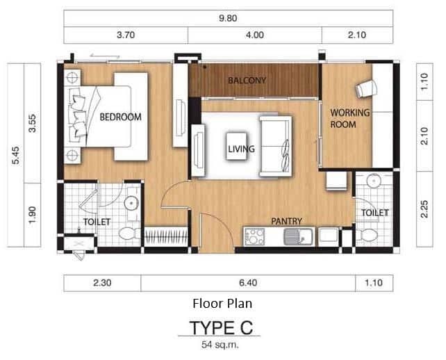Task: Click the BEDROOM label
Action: click(120, 117)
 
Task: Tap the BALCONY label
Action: click(247, 81)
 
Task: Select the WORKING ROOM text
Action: click(349, 118)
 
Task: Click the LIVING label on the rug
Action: click(241, 149)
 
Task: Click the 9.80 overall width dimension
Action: click(229, 19)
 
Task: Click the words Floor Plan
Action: click(222, 304)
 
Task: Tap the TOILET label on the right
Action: click(374, 213)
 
